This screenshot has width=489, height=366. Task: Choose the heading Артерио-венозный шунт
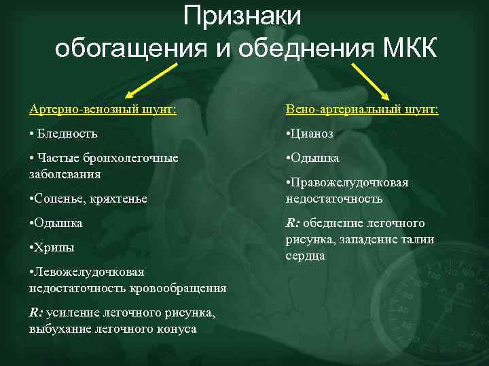pyautogui.click(x=103, y=110)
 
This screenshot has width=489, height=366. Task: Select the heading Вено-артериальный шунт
pyautogui.click(x=362, y=110)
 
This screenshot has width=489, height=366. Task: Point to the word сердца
pyautogui.click(x=305, y=256)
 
